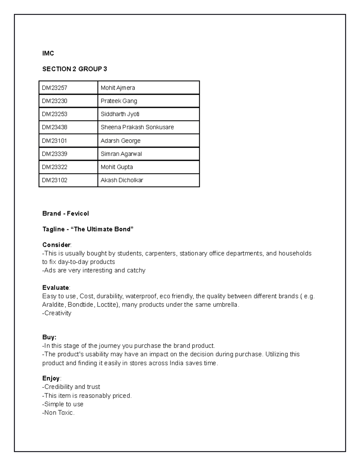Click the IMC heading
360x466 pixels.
pyautogui.click(x=48, y=53)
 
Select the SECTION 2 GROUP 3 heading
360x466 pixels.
pyautogui.click(x=74, y=69)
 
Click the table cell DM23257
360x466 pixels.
pyautogui.click(x=55, y=88)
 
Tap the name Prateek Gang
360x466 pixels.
pyautogui.click(x=119, y=101)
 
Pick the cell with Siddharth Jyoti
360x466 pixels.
pyautogui.click(x=120, y=114)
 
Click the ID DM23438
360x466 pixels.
pyautogui.click(x=55, y=127)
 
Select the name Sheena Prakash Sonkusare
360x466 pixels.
pyautogui.click(x=137, y=127)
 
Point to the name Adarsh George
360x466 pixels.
pyautogui.click(x=120, y=141)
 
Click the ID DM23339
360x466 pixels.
pyautogui.click(x=55, y=154)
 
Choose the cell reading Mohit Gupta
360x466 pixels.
pyautogui.click(x=117, y=167)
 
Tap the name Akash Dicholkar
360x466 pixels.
pyautogui.click(x=122, y=180)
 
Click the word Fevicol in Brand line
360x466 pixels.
pyautogui.click(x=78, y=214)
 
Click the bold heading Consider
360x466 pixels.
pyautogui.click(x=56, y=245)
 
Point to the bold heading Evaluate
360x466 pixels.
pyautogui.click(x=56, y=288)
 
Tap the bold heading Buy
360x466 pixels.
pyautogui.click(x=49, y=337)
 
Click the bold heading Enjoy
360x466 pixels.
pyautogui.click(x=51, y=378)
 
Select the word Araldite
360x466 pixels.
pyautogui.click(x=53, y=305)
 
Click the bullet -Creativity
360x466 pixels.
pyautogui.click(x=57, y=313)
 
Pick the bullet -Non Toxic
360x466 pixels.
pyautogui.click(x=58, y=413)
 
